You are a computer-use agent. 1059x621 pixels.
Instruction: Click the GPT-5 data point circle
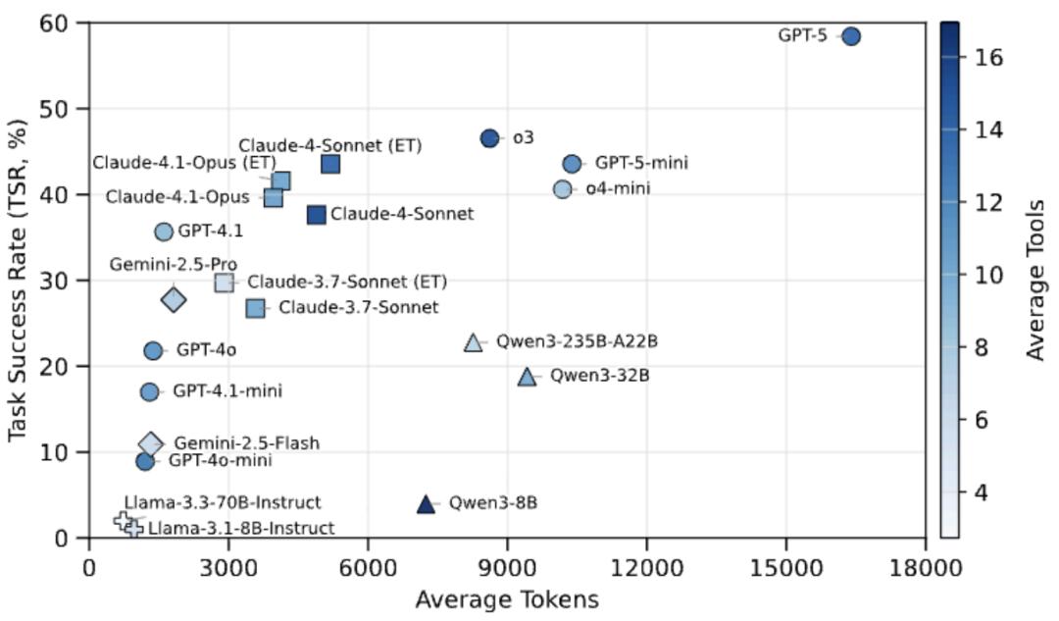pyautogui.click(x=851, y=36)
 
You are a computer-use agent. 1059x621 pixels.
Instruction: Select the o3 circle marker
pyautogui.click(x=490, y=138)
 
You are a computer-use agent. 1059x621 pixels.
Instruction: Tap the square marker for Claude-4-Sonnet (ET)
pyautogui.click(x=330, y=164)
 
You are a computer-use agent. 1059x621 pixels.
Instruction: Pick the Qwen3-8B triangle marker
pyautogui.click(x=426, y=504)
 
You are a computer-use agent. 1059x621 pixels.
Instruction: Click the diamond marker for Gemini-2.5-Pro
pyautogui.click(x=174, y=300)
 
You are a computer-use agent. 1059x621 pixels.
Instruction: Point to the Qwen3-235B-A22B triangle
pyautogui.click(x=474, y=342)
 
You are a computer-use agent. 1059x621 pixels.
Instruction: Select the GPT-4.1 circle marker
pyautogui.click(x=164, y=232)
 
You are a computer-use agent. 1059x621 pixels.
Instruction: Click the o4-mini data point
pyautogui.click(x=562, y=189)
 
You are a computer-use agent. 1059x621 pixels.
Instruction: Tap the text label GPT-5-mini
pyautogui.click(x=641, y=164)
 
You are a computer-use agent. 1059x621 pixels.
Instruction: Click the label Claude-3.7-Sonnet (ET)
pyautogui.click(x=347, y=283)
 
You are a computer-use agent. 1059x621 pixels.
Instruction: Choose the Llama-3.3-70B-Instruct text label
pyautogui.click(x=223, y=503)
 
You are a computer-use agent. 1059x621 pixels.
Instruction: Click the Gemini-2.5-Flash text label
pyautogui.click(x=246, y=443)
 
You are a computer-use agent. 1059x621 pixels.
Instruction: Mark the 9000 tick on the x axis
pyautogui.click(x=507, y=567)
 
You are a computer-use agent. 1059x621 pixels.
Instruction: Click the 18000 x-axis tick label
pyautogui.click(x=925, y=567)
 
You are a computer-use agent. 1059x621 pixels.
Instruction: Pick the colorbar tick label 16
pyautogui.click(x=987, y=57)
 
